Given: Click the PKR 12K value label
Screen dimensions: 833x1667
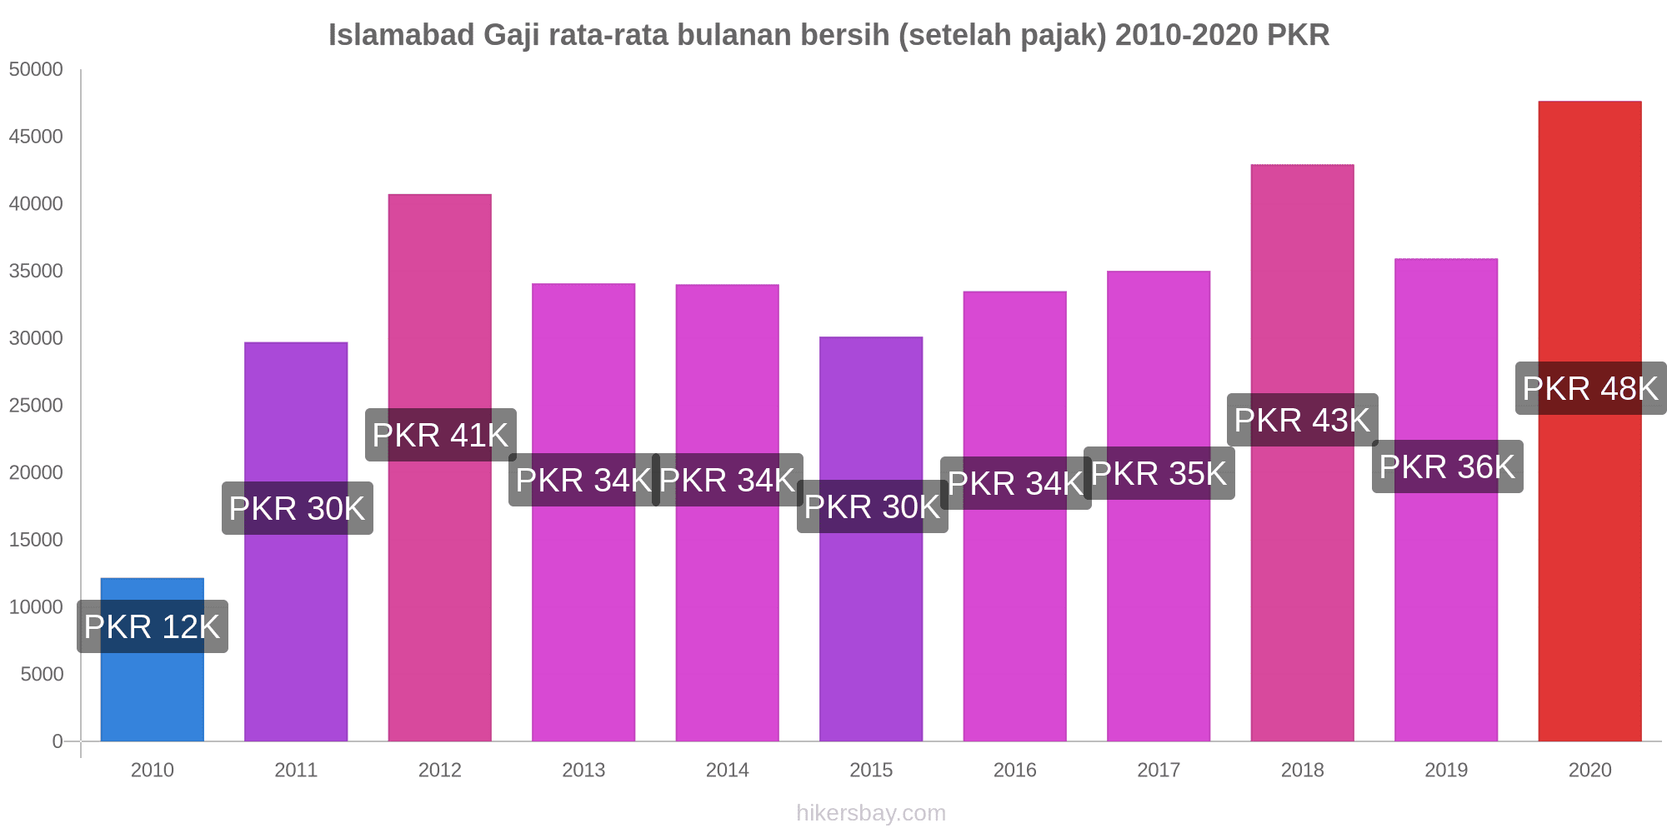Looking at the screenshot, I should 153,626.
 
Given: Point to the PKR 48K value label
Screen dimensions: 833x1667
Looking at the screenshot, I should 1590,388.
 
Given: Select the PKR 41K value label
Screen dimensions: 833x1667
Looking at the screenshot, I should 440,435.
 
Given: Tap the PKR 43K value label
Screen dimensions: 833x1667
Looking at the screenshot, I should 1302,420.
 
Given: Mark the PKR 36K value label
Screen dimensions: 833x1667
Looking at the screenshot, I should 1447,466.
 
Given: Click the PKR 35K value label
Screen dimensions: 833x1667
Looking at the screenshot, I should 1159,473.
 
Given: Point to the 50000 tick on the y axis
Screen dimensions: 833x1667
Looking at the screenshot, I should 36,69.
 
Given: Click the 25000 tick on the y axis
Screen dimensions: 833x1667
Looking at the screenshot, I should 36,406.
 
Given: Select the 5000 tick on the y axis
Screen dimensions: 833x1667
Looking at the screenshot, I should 42,674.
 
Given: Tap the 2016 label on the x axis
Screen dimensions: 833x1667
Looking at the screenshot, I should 1014,770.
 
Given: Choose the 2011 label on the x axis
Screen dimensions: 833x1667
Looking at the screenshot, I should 296,770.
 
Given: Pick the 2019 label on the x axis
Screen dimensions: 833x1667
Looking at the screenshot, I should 1446,770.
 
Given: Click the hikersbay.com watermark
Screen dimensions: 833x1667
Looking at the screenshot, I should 871,813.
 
